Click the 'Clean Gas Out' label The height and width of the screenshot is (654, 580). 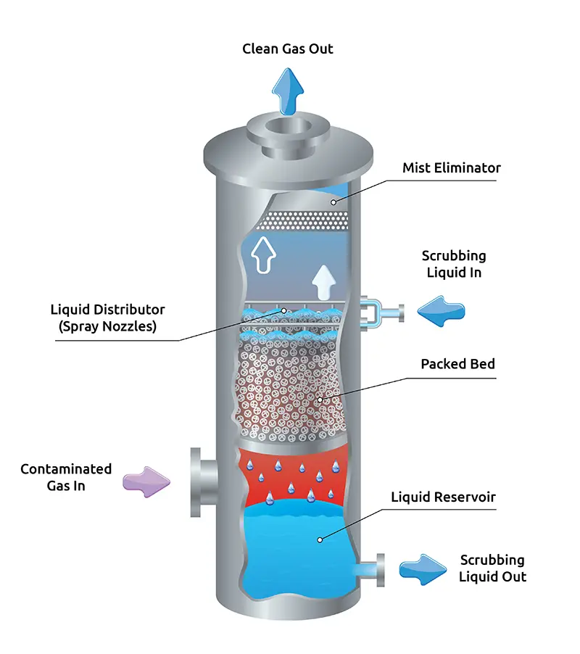tap(288, 49)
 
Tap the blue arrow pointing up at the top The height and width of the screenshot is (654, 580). tap(288, 91)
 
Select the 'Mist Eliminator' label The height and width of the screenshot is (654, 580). tap(451, 168)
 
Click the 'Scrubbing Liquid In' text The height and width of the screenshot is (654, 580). tap(454, 265)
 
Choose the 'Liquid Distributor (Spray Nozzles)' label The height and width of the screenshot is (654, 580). tap(107, 318)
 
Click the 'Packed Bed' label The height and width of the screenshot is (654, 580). tap(457, 364)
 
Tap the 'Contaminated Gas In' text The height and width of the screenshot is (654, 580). tap(66, 477)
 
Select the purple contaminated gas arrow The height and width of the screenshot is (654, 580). tap(146, 479)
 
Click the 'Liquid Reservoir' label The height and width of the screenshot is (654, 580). tap(442, 497)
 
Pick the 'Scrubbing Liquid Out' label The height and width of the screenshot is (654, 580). tap(492, 568)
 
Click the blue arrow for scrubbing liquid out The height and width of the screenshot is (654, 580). tap(423, 569)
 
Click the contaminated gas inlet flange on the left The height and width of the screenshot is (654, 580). tap(196, 480)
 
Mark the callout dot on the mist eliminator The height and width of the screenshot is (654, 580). tap(334, 202)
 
